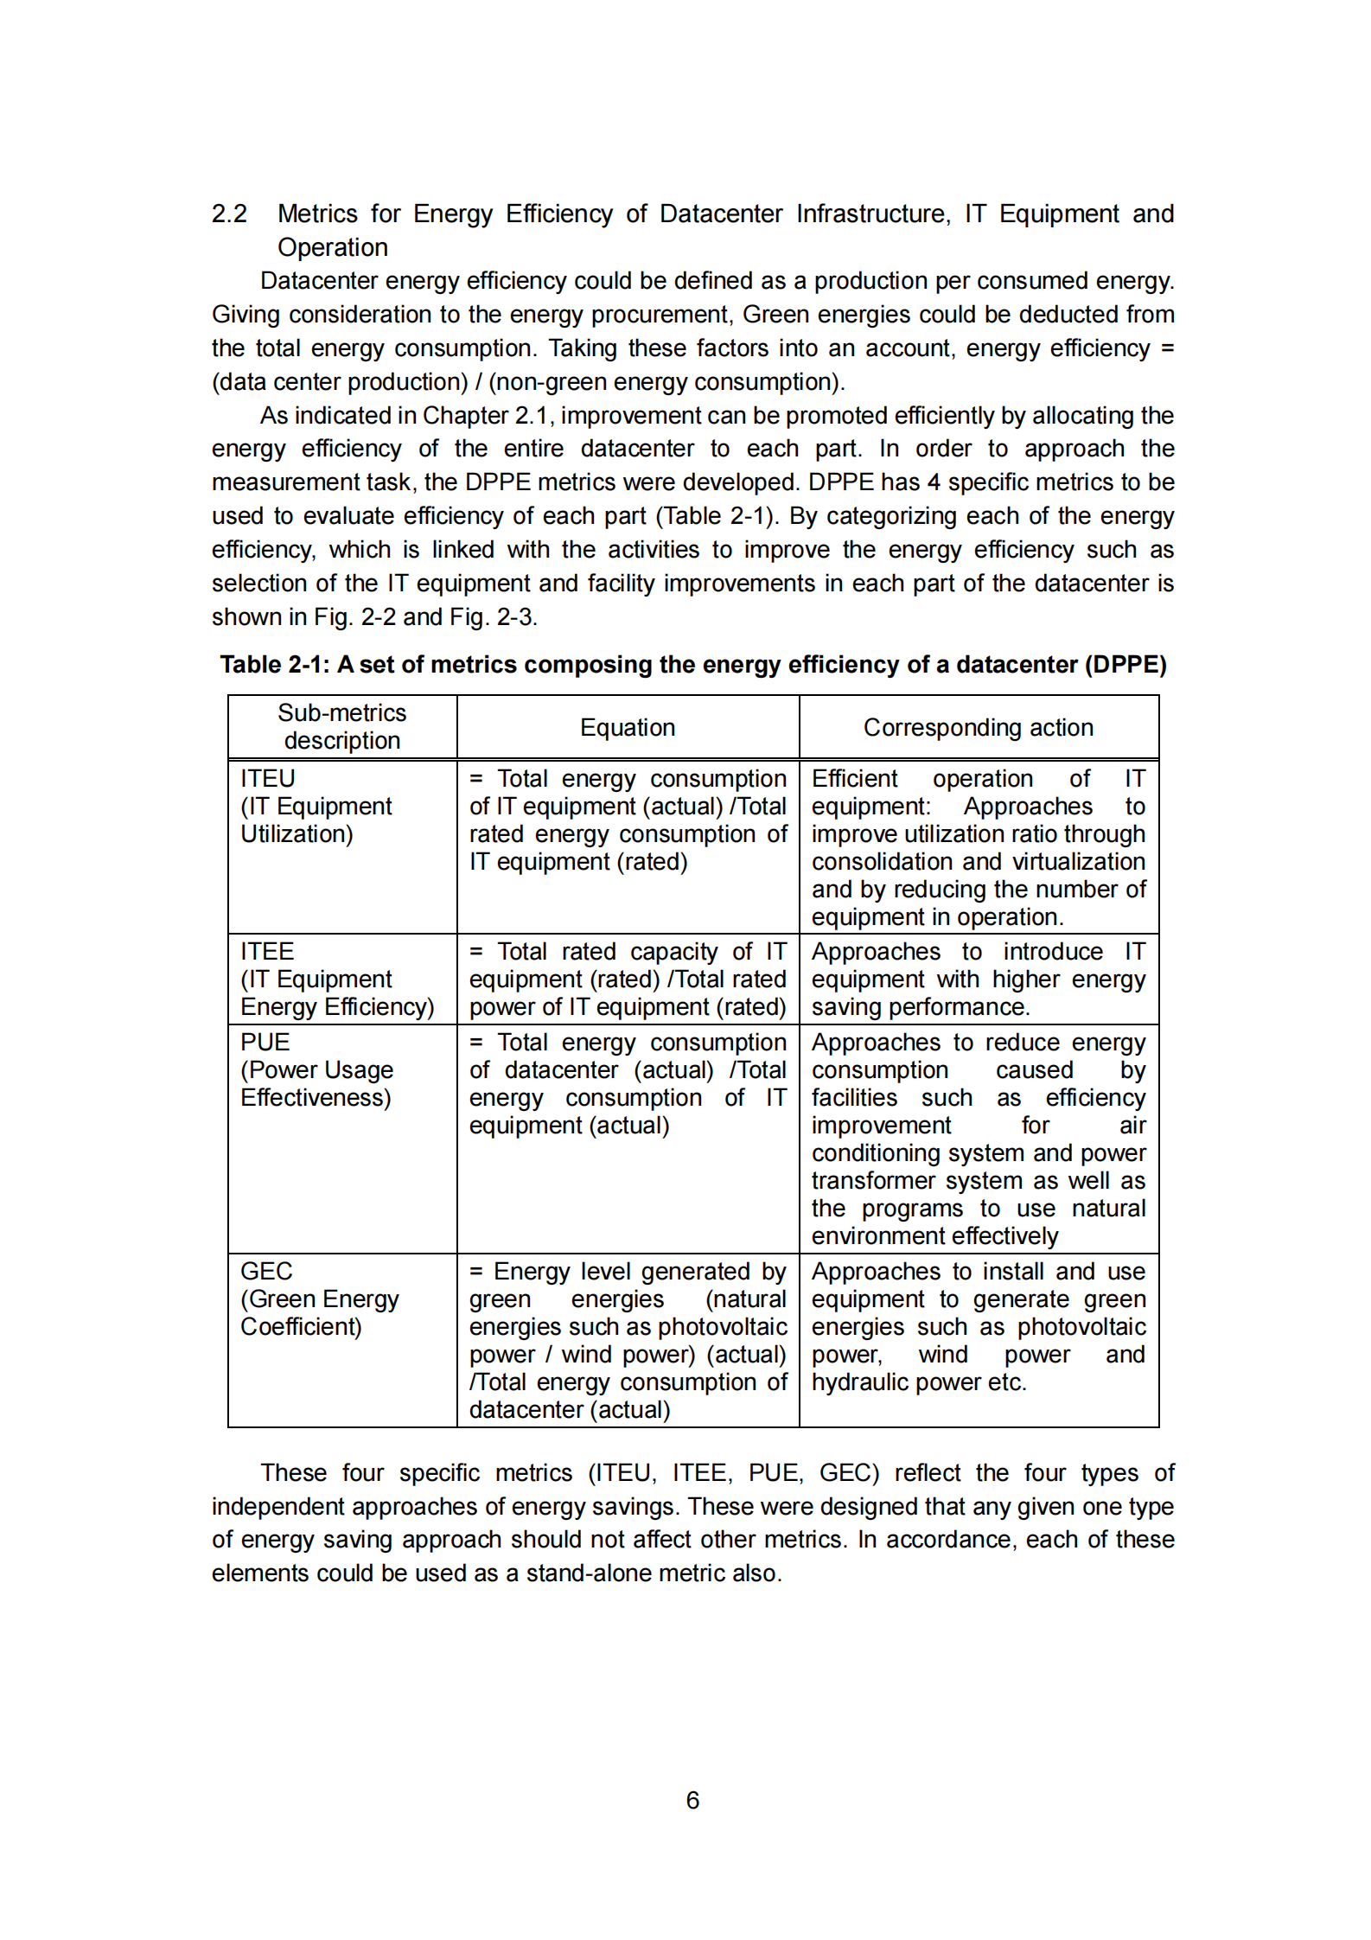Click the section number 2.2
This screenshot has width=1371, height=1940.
pyautogui.click(x=229, y=214)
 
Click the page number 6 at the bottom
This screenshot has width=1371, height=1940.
pyautogui.click(x=692, y=1799)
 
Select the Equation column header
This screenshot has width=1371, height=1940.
pyautogui.click(x=627, y=728)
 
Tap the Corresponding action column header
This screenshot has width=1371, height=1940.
pyautogui.click(x=978, y=728)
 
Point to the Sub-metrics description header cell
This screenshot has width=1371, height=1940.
pyautogui.click(x=341, y=726)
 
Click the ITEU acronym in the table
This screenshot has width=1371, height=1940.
pyautogui.click(x=267, y=778)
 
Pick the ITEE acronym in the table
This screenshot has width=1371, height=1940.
pyautogui.click(x=267, y=951)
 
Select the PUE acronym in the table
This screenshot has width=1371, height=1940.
pyautogui.click(x=265, y=1042)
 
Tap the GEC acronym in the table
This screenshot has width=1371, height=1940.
pyautogui.click(x=266, y=1271)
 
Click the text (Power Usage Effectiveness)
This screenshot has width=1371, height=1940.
pyautogui.click(x=316, y=1083)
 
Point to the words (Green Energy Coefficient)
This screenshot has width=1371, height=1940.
pyautogui.click(x=319, y=1312)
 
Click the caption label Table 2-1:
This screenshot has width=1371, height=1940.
pyautogui.click(x=275, y=664)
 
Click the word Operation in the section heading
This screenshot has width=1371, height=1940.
pyautogui.click(x=333, y=247)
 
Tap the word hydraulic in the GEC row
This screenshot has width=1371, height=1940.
pyautogui.click(x=859, y=1382)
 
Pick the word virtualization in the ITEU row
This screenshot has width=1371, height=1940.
pyautogui.click(x=1078, y=861)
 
